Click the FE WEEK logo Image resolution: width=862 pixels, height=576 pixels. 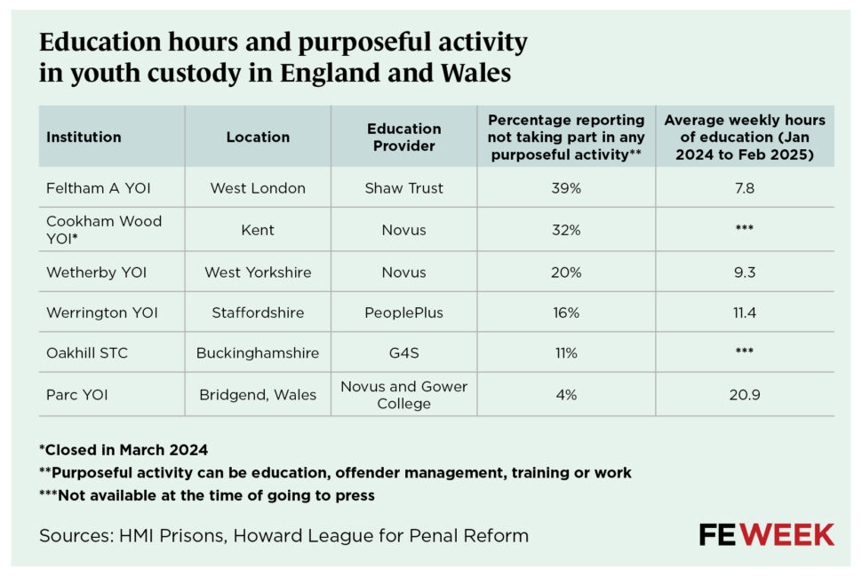pyautogui.click(x=766, y=534)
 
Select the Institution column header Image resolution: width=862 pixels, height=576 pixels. pyautogui.click(x=84, y=138)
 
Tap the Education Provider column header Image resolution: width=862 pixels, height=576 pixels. pyautogui.click(x=403, y=138)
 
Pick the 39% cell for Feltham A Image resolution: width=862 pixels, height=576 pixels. pyautogui.click(x=565, y=188)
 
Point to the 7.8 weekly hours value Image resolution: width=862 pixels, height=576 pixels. pyautogui.click(x=745, y=188)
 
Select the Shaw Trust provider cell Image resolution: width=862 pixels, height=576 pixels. pyautogui.click(x=403, y=188)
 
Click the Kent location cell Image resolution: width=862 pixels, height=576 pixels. pyautogui.click(x=257, y=230)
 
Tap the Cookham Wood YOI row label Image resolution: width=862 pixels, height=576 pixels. pyautogui.click(x=103, y=230)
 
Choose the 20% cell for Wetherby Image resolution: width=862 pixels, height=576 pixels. pyautogui.click(x=565, y=272)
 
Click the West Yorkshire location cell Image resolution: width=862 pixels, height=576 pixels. pyautogui.click(x=258, y=272)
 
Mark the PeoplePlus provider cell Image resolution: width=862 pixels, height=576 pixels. pyautogui.click(x=403, y=312)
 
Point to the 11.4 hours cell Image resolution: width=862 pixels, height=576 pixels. pyautogui.click(x=745, y=312)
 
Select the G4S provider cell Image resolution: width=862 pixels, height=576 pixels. pyautogui.click(x=403, y=353)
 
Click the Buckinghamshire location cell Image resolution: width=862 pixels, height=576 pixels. pyautogui.click(x=258, y=353)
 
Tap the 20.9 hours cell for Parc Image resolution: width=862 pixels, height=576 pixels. pyautogui.click(x=745, y=395)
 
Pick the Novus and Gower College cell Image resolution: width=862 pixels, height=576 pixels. pyautogui.click(x=403, y=395)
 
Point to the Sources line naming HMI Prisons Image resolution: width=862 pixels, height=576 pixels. pyautogui.click(x=283, y=535)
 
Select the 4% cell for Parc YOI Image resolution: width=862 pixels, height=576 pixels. pyautogui.click(x=565, y=395)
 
